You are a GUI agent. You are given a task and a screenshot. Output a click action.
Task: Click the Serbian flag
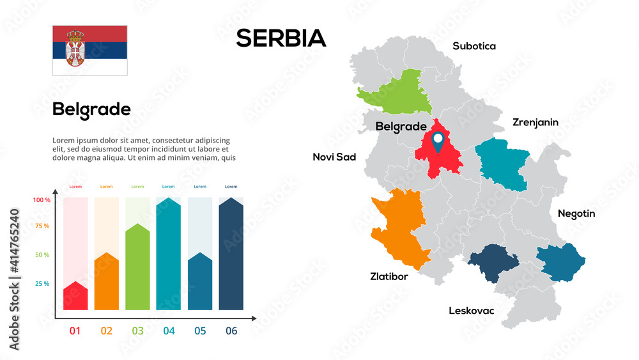pos(89,51)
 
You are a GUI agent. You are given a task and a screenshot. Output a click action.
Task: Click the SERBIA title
pos(281,38)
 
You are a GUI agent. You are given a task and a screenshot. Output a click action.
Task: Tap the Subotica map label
pos(474,46)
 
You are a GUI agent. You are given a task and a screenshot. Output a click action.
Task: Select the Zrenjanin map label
pos(535,122)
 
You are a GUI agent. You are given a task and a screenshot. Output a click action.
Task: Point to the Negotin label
pos(576,214)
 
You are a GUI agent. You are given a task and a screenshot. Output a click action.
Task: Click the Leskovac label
pos(471,311)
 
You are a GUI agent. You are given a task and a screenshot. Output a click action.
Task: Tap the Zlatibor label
pos(389,277)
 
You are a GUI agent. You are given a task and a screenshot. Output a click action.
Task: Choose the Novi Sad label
pos(334,157)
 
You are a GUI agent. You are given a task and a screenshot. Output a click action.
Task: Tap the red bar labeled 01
pos(75,297)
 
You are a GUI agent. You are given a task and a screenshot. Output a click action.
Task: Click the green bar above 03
pos(137,269)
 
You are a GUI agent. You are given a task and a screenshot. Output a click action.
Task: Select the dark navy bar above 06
pos(231,256)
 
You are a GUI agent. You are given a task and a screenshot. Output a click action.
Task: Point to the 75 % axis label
pos(42,226)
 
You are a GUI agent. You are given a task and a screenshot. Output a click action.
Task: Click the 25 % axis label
pos(42,284)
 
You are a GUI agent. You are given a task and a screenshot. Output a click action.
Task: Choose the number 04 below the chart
pos(169,331)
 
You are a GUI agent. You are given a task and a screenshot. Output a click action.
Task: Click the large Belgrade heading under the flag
pos(91,109)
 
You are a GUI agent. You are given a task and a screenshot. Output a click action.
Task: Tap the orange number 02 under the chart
pos(106,331)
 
